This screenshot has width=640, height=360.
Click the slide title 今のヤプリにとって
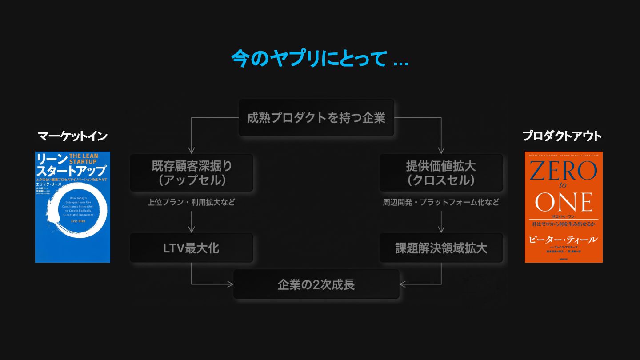point(319,59)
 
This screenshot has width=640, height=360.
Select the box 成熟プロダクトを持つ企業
point(316,118)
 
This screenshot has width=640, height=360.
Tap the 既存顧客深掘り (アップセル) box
point(192,173)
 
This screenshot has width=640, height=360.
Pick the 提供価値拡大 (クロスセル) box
point(441,173)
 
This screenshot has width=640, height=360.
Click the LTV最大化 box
point(192,248)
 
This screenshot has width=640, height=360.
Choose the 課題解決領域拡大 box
point(441,248)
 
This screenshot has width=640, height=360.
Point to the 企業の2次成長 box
point(316,284)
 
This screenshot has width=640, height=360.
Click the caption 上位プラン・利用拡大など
point(191,202)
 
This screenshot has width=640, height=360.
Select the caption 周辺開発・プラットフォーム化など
point(441,202)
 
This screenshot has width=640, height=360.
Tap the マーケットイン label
point(72,136)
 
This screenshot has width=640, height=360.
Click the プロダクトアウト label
point(562,136)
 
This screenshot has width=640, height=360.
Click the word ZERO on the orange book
point(564,171)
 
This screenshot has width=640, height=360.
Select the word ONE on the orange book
point(564,202)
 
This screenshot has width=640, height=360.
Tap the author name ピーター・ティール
point(563,240)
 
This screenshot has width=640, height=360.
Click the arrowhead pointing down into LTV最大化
point(192,230)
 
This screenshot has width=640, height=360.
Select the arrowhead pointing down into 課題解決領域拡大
point(441,230)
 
